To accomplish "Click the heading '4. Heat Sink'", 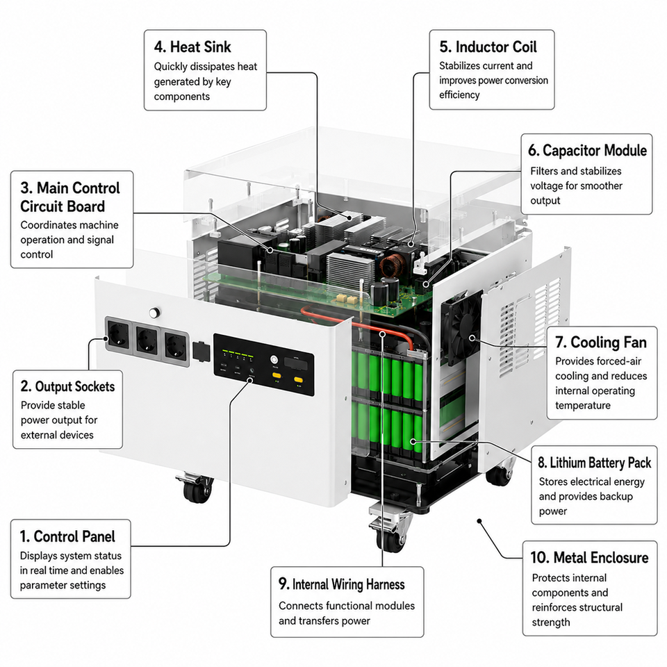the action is point(192,47).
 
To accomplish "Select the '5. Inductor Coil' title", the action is point(488,47).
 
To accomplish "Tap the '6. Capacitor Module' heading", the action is point(588,151).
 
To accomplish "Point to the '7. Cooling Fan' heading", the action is point(600,342).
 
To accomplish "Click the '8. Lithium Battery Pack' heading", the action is point(594,463).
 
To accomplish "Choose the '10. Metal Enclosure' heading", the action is point(589,557).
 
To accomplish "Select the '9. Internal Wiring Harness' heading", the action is point(342,584).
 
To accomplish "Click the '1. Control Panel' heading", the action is point(67,536).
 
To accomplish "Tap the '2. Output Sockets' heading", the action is point(67,386).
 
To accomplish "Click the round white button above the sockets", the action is point(154,313).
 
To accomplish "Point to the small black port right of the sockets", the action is point(201,351).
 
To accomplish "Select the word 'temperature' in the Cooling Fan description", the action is point(583,405).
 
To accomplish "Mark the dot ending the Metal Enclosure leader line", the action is point(479,520).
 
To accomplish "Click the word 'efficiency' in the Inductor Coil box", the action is point(459,95).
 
